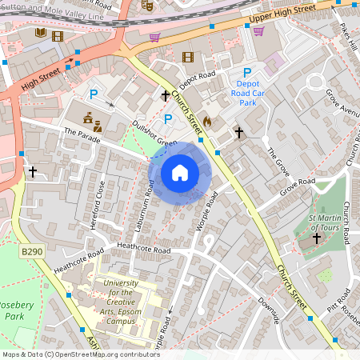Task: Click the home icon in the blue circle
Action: [180, 173]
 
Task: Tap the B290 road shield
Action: [31, 252]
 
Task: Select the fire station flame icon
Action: [207, 121]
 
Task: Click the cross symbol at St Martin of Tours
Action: [315, 238]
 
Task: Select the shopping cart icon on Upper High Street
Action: [258, 31]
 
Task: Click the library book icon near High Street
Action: [41, 34]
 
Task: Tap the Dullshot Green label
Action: [155, 134]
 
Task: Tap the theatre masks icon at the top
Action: [146, 4]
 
